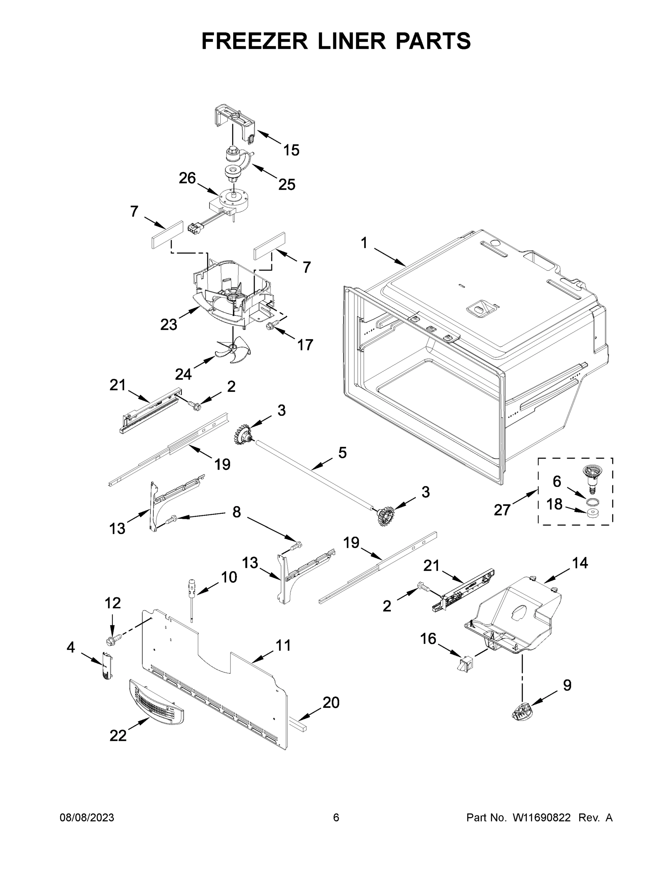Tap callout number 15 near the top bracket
tap(291, 150)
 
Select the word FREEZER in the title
tap(254, 41)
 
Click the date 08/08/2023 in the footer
tap(87, 817)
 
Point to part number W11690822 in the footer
tap(542, 817)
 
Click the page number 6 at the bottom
tap(336, 817)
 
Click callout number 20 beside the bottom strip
tap(331, 703)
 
